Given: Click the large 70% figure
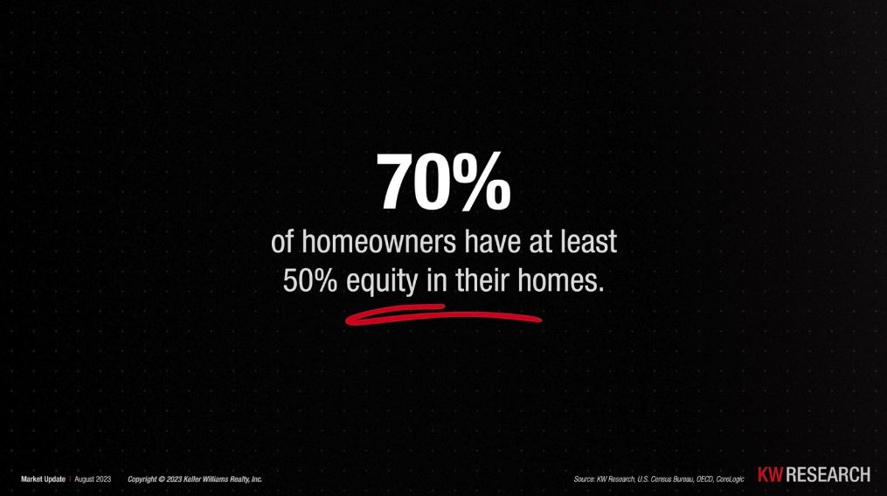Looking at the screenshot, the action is [443, 183].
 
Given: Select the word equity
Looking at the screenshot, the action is [382, 282].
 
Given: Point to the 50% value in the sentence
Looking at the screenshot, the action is [309, 281].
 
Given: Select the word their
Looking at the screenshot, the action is [482, 280].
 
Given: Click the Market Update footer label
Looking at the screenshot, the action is [43, 479].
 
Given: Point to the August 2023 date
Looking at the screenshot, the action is [93, 479].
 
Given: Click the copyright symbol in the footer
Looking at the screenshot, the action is [161, 479].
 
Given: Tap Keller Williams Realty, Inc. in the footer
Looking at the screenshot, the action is [223, 479].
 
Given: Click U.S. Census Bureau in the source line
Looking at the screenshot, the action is [666, 479].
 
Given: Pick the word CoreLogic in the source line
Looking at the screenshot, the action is [731, 479].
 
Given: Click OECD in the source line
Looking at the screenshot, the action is [705, 479].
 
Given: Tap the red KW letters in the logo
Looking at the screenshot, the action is [770, 474].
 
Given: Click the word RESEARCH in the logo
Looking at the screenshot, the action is [828, 474].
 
